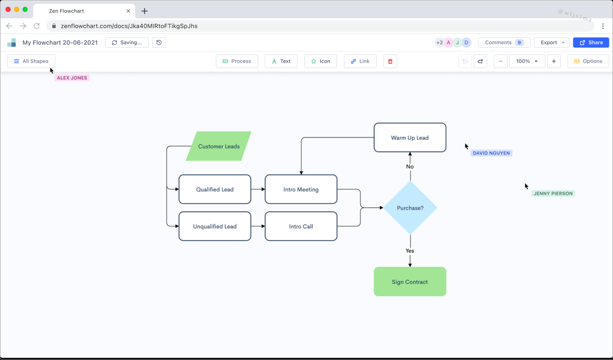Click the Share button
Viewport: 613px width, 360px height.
point(591,43)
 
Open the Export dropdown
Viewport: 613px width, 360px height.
point(552,43)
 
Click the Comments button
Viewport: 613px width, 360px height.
point(504,43)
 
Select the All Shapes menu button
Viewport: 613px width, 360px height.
point(31,61)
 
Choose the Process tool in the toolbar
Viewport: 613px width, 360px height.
point(237,61)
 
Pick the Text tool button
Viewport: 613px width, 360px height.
point(281,61)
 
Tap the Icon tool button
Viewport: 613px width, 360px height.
point(321,61)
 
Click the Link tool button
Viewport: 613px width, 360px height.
point(360,61)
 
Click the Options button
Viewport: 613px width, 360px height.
point(588,61)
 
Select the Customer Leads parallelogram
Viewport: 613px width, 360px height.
point(219,146)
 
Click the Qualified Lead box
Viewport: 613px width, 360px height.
point(215,190)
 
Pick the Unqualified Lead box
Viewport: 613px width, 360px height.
point(215,227)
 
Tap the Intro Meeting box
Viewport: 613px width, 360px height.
point(301,190)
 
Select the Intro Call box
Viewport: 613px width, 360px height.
point(301,227)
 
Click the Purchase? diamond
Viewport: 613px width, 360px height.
point(410,208)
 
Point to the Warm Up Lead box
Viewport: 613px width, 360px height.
point(410,138)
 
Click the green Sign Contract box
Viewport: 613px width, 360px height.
point(410,282)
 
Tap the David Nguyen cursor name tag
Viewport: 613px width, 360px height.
point(492,153)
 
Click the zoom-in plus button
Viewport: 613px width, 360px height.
point(554,61)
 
